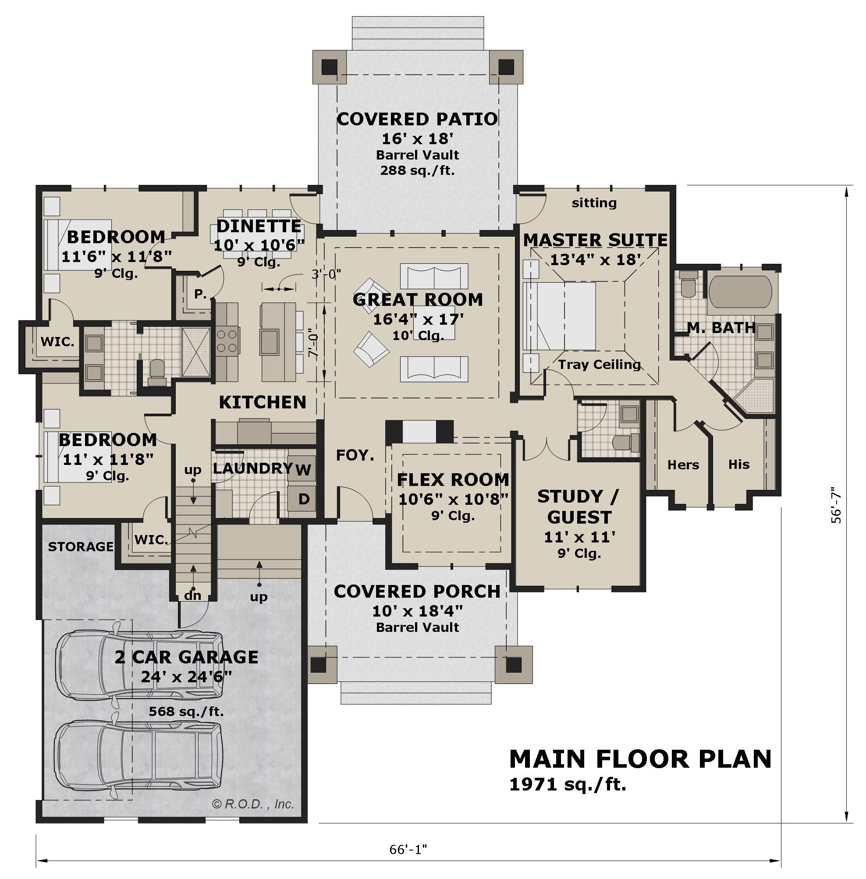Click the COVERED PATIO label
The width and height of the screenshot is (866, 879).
coord(417,119)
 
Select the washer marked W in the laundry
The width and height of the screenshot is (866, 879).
coord(302,469)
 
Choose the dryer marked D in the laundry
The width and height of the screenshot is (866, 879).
coord(302,499)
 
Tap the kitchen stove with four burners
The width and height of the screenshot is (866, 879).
coord(227,341)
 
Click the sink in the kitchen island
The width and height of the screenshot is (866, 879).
coord(269,341)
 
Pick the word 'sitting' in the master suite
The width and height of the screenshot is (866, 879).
coord(594,203)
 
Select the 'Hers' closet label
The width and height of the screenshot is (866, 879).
coord(683,465)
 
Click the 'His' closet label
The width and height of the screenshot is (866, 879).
coord(738,464)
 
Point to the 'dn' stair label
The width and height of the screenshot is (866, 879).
coord(193,595)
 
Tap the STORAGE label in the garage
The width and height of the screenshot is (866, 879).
coord(81,546)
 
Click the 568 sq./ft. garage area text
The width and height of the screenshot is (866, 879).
coord(187,711)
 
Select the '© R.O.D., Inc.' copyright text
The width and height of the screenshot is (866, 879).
coord(253,804)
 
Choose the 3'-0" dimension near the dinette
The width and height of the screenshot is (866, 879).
coord(326,274)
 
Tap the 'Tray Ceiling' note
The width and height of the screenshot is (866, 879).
coord(600,364)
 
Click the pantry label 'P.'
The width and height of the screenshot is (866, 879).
coord(200,294)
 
